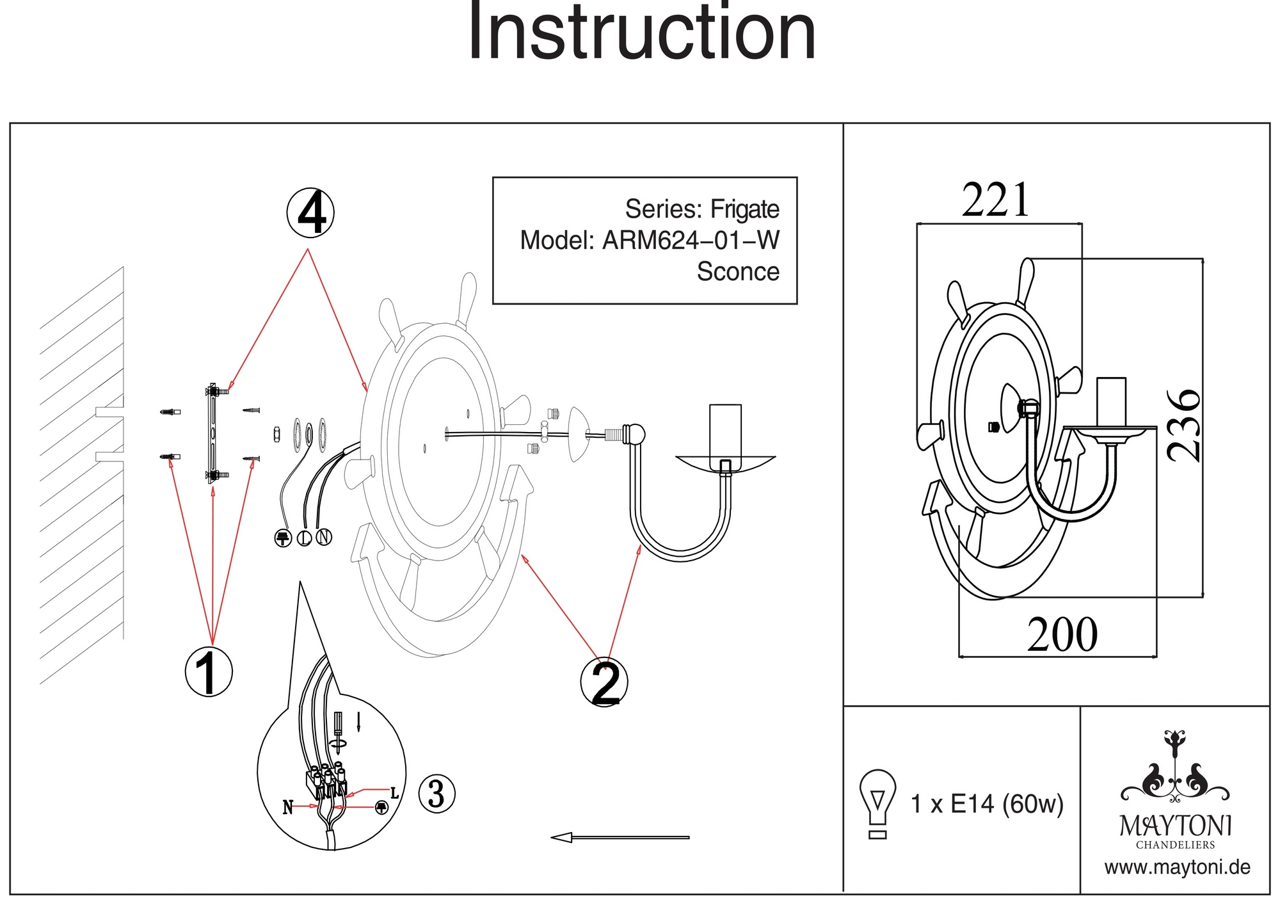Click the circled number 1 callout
click(x=208, y=671)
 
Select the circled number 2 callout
click(x=604, y=682)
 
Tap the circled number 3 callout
click(x=436, y=794)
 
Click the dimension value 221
click(x=996, y=200)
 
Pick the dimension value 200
click(x=1062, y=635)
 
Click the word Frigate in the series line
click(x=745, y=209)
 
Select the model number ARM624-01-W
click(x=691, y=241)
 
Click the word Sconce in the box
click(x=738, y=271)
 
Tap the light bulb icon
click(x=877, y=803)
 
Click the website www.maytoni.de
click(x=1177, y=868)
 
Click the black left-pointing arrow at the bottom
click(x=620, y=837)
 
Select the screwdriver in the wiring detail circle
click(x=338, y=733)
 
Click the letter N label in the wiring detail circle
click(x=288, y=808)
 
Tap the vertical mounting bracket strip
click(x=212, y=433)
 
